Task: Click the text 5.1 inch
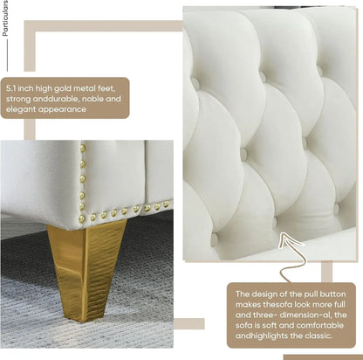coord(21,88)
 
